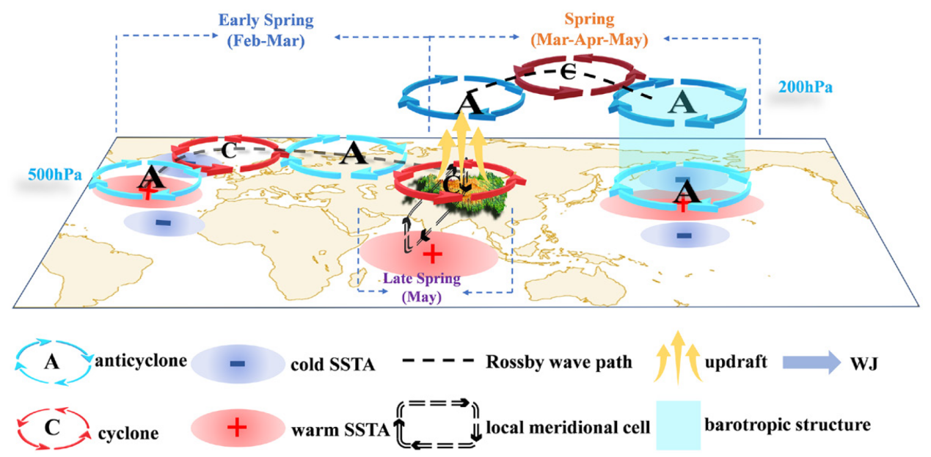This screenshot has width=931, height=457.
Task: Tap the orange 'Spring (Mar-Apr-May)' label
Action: pos(591,30)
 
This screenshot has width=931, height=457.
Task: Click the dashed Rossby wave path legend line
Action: pos(439,362)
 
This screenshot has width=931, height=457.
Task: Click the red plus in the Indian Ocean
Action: pos(432,254)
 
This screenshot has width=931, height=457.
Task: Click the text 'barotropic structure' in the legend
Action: pos(786,425)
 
